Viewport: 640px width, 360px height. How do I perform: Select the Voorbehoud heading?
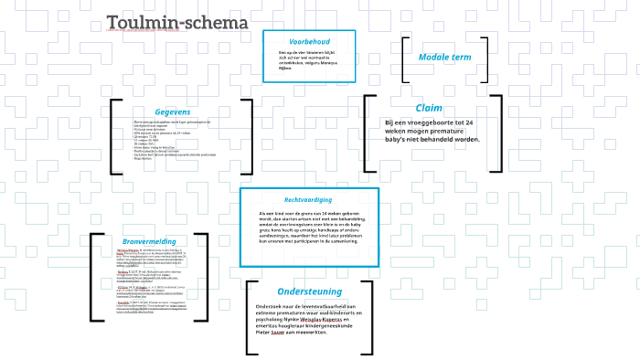309,42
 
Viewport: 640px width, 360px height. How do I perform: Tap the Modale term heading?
444,58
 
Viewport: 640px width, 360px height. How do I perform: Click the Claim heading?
429,108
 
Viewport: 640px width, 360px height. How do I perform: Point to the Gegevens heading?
172,111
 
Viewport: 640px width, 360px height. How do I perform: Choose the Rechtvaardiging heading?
308,199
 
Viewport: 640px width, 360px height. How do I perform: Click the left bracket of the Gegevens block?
113,136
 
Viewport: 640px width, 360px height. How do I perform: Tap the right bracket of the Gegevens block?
250,136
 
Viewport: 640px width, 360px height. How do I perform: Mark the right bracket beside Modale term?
485,58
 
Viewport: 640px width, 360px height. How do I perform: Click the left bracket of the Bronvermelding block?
93,278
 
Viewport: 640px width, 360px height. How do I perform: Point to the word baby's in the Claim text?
399,139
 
